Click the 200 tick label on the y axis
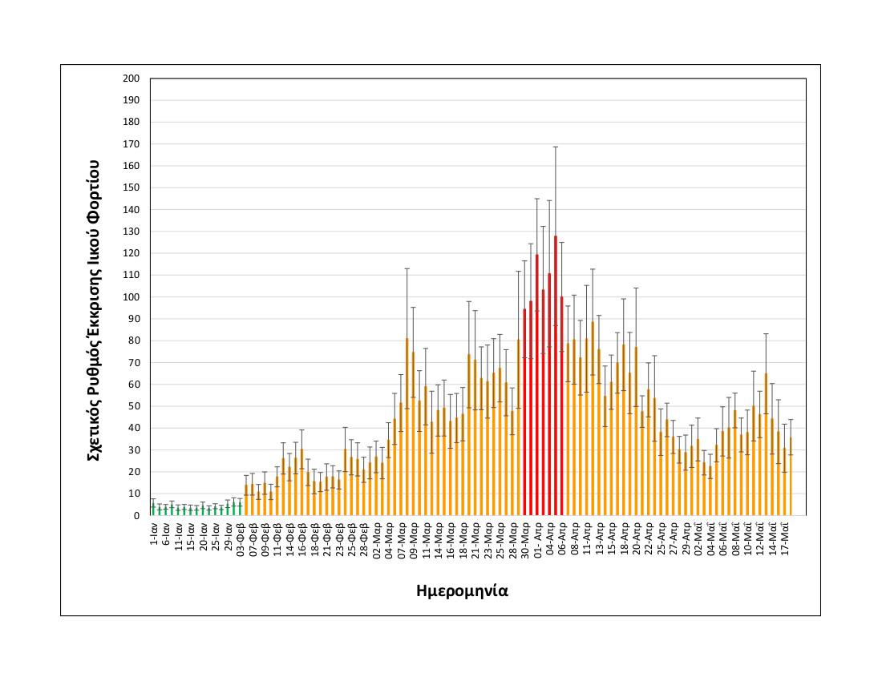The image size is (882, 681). click(131, 79)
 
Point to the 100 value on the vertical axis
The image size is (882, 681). click(131, 297)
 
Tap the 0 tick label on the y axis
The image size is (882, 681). click(136, 515)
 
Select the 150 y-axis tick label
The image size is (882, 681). click(131, 187)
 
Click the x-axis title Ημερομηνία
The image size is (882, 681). click(463, 591)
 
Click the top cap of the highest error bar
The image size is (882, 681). click(555, 147)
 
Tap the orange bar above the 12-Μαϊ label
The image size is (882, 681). click(766, 444)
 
